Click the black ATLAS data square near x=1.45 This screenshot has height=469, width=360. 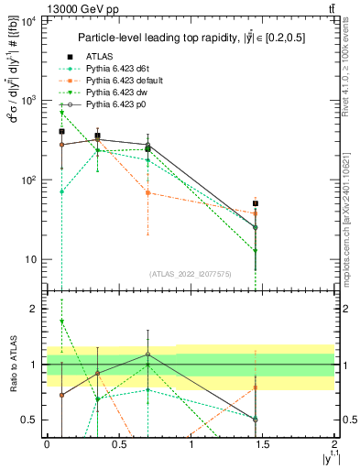pos(256,203)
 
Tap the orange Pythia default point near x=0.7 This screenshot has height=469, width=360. pos(147,192)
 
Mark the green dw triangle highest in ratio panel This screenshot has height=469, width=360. pos(61,322)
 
